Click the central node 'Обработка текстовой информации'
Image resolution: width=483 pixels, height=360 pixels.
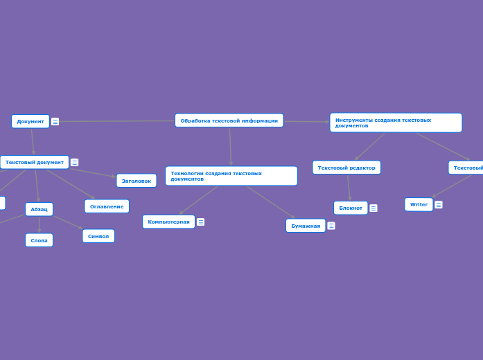(229, 120)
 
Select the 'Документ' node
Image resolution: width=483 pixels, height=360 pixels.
(30, 121)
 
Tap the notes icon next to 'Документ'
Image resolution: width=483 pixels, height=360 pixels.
(55, 122)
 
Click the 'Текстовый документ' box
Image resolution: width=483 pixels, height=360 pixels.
(35, 162)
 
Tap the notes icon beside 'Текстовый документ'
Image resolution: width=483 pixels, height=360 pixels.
(75, 163)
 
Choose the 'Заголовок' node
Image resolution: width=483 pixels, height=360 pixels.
(136, 181)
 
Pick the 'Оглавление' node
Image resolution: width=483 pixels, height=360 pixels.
(107, 206)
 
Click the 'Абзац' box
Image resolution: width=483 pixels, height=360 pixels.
(39, 209)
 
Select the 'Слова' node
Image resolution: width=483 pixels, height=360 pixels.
(39, 240)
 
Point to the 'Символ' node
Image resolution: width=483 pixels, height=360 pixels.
(98, 236)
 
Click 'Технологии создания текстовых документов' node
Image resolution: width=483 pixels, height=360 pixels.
(231, 176)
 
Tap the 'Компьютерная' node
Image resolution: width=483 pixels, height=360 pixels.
(168, 222)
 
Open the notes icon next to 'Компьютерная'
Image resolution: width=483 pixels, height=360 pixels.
(201, 222)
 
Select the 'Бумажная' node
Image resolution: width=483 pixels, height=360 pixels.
(306, 226)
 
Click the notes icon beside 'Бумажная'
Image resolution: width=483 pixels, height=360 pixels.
(331, 226)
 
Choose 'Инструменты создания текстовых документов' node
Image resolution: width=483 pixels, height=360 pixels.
(396, 123)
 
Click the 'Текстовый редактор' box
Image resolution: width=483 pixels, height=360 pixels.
(346, 168)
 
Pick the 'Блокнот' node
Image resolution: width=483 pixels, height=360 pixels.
(351, 208)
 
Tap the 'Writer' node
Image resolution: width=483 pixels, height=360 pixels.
(419, 204)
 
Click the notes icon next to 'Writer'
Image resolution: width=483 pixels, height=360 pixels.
(439, 205)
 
